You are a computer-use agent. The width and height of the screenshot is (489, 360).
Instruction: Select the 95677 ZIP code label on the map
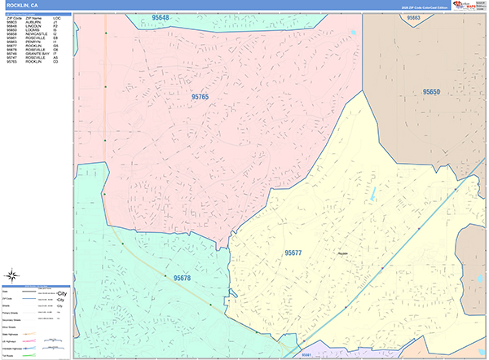[x=293, y=253]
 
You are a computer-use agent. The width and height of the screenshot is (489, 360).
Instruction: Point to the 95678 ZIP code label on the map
[x=182, y=278]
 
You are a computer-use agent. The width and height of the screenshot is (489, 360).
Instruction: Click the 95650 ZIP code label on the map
[x=431, y=92]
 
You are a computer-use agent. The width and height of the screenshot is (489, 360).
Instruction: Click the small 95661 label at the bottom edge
[x=306, y=355]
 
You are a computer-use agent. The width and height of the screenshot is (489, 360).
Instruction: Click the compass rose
[x=11, y=274]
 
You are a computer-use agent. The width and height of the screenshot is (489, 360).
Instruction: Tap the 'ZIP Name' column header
[x=33, y=17]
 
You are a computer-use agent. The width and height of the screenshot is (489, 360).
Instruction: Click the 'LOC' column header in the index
[x=56, y=17]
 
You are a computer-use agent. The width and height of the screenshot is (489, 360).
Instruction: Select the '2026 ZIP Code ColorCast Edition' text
[x=419, y=8]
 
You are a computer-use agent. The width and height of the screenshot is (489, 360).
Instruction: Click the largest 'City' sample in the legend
[x=60, y=292]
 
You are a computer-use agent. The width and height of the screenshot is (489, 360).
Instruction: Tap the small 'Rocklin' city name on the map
[x=342, y=252]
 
